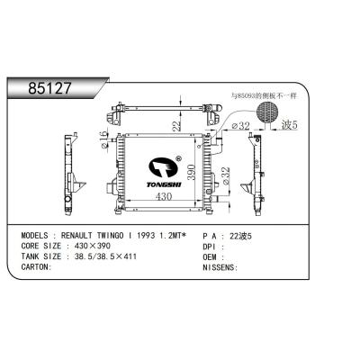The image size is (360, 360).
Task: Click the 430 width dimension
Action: (164, 197)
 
